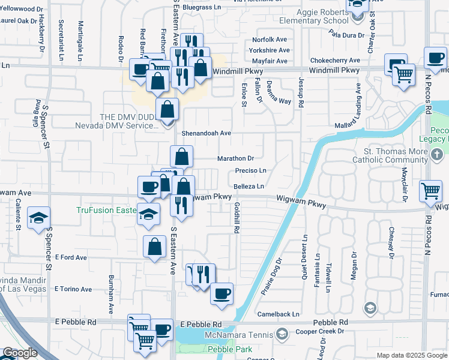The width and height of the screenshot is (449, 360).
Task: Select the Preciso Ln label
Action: [250, 171]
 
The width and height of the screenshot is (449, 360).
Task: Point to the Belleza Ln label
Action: [249, 187]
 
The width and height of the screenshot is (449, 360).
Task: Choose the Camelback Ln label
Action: [278, 314]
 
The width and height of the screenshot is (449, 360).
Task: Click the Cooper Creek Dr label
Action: [323, 331]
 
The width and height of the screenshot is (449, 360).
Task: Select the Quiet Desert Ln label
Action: [306, 252]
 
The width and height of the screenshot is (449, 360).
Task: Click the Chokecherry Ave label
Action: [335, 61]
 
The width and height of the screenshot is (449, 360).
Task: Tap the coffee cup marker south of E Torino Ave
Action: [222, 294]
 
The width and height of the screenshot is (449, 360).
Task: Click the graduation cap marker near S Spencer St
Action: [39, 218]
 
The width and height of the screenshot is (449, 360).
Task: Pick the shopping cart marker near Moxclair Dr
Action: [430, 191]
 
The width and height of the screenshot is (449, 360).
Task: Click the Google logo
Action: [19, 353]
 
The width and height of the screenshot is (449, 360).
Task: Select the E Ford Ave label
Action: [71, 257]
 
